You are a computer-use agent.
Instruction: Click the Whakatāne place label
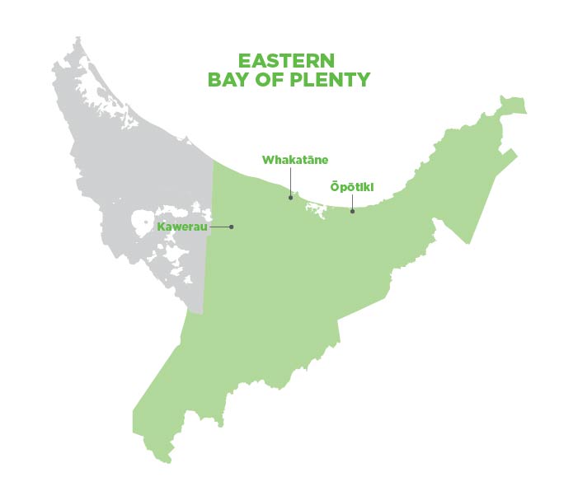point(294,160)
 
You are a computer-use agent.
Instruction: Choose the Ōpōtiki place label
point(352,187)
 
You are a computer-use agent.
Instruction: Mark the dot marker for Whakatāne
point(290,198)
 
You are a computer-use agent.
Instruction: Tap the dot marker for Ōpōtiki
point(352,212)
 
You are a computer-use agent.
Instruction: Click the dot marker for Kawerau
point(232,227)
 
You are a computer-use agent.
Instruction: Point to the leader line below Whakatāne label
point(290,181)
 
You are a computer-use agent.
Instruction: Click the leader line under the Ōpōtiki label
point(352,203)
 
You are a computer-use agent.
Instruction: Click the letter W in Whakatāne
point(268,160)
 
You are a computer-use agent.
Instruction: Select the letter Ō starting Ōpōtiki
point(334,187)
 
